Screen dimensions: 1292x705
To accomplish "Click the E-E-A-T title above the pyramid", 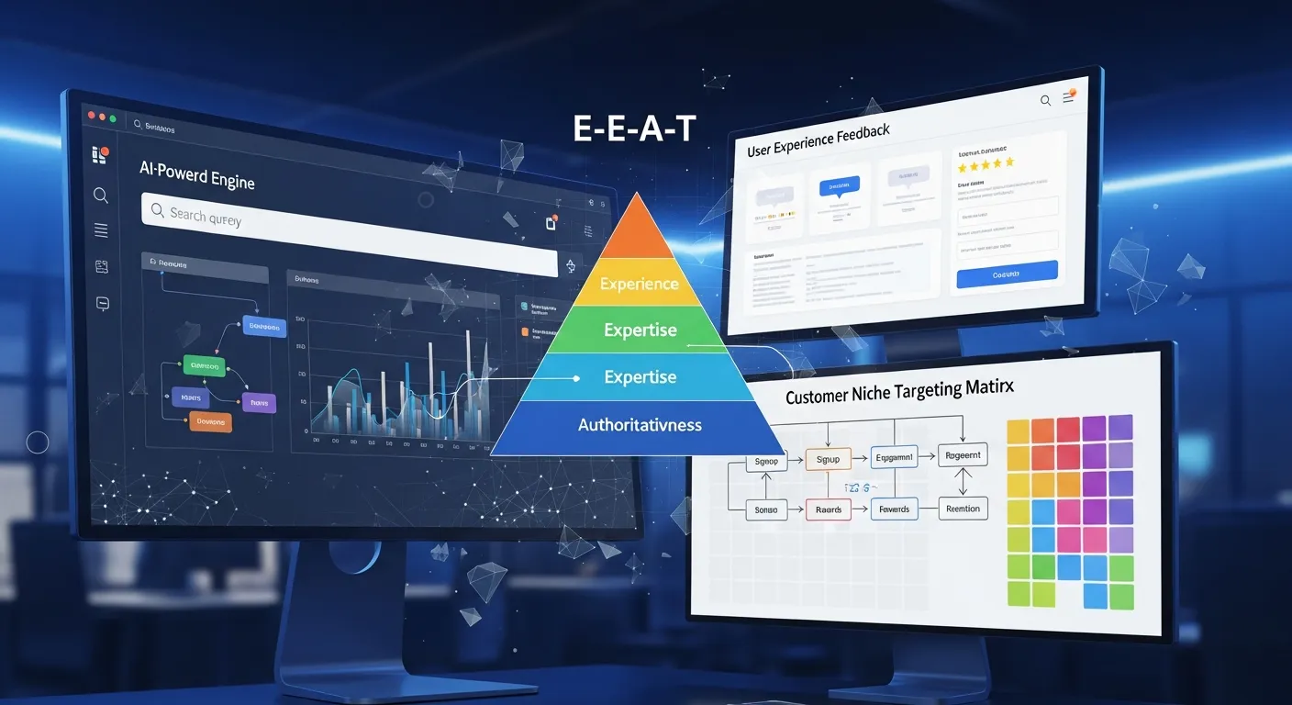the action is tap(633, 129).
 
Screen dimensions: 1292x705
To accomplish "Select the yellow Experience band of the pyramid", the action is tap(640, 284).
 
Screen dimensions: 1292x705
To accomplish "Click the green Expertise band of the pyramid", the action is tap(640, 330).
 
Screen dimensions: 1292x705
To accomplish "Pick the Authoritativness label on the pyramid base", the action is tap(640, 425).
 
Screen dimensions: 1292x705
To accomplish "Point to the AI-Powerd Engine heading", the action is tap(196, 174).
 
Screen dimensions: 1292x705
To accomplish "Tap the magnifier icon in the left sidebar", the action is tap(101, 195).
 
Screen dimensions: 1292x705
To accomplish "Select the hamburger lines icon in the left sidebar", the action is tap(101, 230).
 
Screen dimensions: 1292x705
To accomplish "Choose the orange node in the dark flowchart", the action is tap(210, 422).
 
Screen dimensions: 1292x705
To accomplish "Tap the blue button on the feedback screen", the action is tap(1007, 274).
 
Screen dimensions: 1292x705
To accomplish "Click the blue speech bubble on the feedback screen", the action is tap(840, 187).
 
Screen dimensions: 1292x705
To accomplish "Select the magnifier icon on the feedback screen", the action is tap(1045, 101).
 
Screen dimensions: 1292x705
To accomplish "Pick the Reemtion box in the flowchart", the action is tap(962, 509).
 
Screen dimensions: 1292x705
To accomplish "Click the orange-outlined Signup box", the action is tap(828, 459).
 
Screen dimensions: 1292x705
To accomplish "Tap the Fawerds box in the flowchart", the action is tap(894, 509).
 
